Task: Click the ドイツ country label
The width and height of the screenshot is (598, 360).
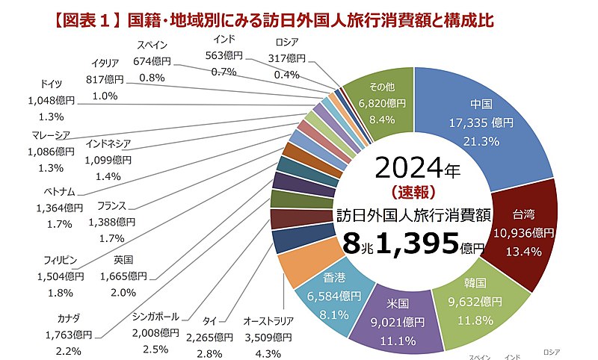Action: click(52, 84)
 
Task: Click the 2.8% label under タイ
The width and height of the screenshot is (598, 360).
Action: click(203, 350)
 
